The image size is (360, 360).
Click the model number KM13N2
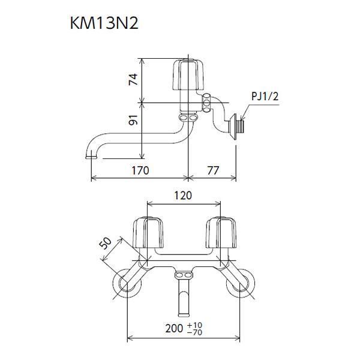point(104,23)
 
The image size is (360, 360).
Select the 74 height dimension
point(133,79)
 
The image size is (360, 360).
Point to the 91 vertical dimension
point(133,119)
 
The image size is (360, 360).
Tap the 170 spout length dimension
point(140,170)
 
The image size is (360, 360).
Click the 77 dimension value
point(213,170)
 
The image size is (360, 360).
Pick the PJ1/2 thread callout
point(265,96)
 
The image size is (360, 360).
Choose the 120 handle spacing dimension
point(183,196)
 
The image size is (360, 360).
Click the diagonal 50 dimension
point(105,244)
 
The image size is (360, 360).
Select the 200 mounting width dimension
point(174,329)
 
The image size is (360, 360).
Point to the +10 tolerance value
point(194,325)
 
